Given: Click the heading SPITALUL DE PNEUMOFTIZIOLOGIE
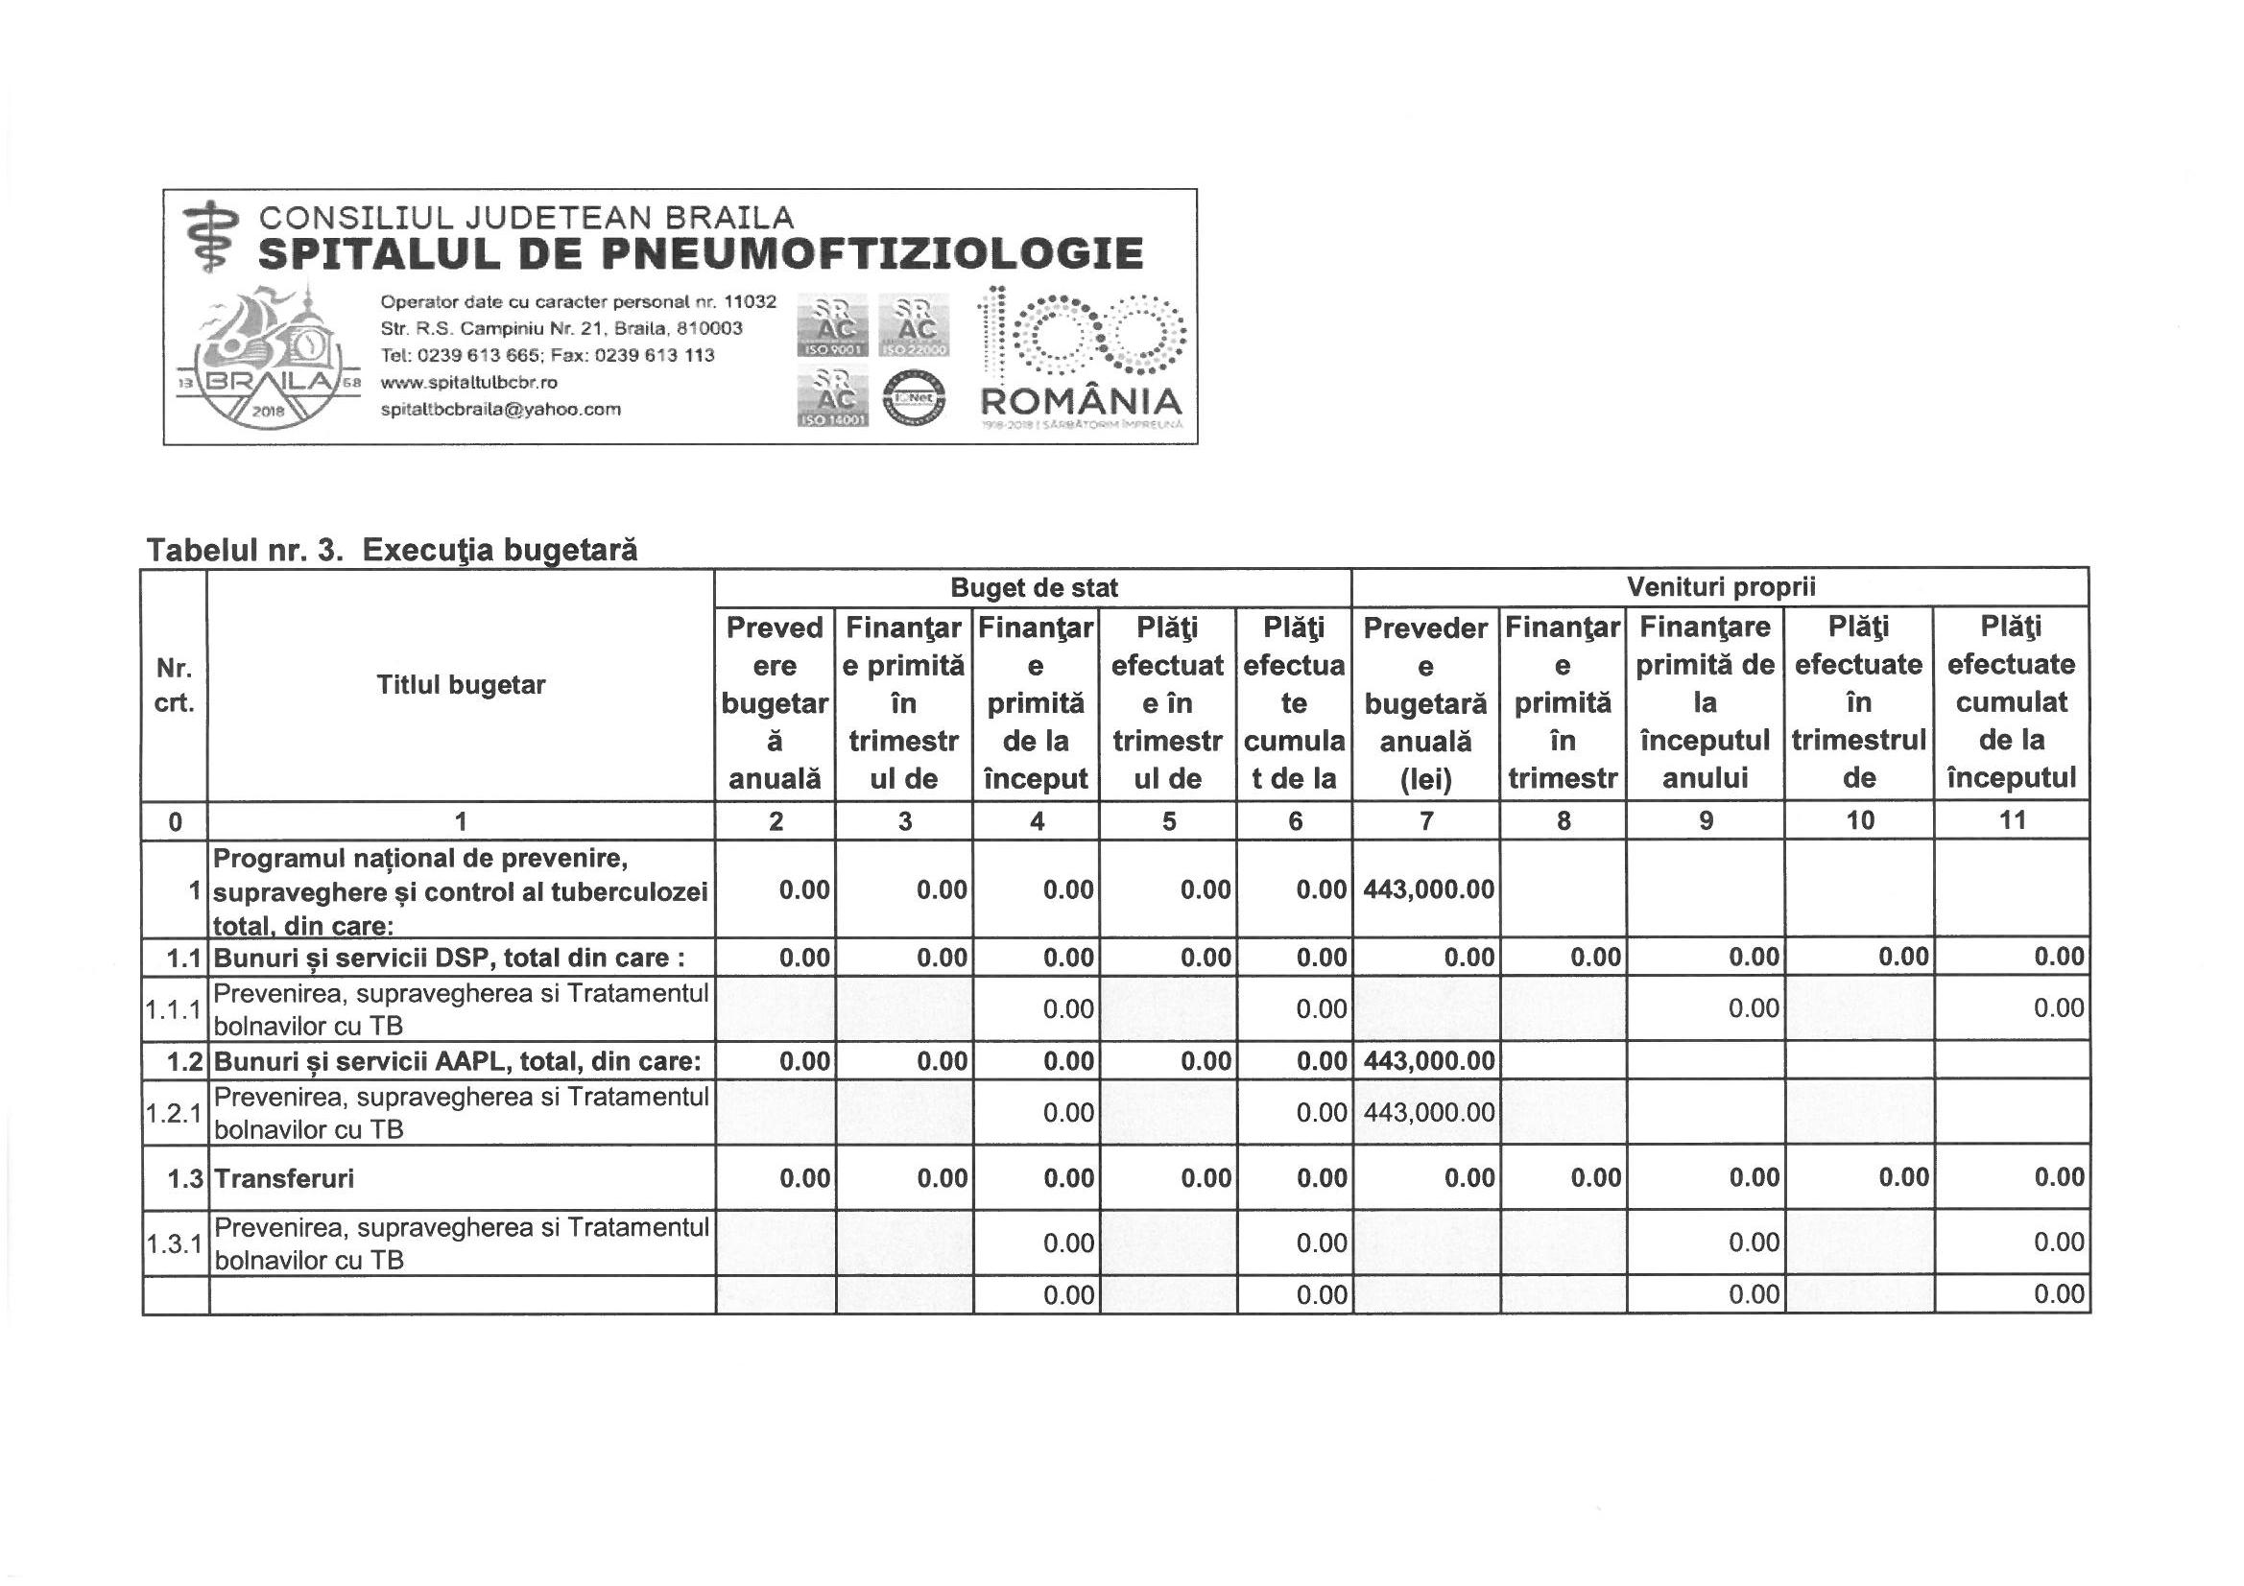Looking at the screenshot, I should pyautogui.click(x=700, y=254).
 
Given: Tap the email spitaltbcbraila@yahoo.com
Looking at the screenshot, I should pyautogui.click(x=500, y=410).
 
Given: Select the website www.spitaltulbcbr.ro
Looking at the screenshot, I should pyautogui.click(x=469, y=382).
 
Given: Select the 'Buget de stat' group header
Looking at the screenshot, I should pyautogui.click(x=1033, y=587).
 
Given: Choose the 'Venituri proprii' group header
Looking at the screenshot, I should pyautogui.click(x=1720, y=587).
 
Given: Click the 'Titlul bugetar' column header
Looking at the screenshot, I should pyautogui.click(x=461, y=685).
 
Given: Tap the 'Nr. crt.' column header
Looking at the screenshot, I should pyautogui.click(x=174, y=685).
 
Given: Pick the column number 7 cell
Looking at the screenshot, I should pyautogui.click(x=1426, y=821).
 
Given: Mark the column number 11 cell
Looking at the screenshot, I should pyautogui.click(x=2012, y=821).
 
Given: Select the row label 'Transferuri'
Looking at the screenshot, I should pyautogui.click(x=284, y=1178).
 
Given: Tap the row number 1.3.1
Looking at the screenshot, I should pyautogui.click(x=174, y=1244).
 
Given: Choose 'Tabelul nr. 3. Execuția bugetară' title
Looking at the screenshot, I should pyautogui.click(x=392, y=550).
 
